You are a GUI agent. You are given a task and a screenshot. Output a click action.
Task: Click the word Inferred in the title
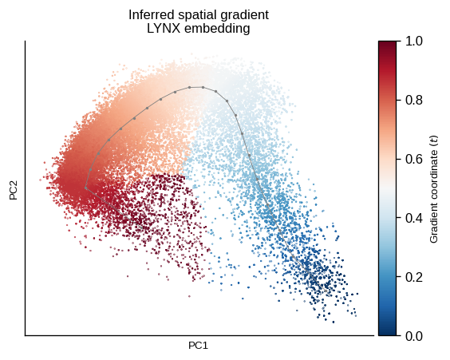[147, 15]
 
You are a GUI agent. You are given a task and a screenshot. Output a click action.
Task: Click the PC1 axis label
[198, 346]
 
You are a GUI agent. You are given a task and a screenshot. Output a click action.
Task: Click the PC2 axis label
[14, 190]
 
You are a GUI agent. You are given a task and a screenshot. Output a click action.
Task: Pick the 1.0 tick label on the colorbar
[414, 41]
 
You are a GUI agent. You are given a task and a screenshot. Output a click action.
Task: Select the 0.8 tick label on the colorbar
[414, 100]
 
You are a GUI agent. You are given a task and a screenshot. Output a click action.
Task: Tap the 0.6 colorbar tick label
[414, 159]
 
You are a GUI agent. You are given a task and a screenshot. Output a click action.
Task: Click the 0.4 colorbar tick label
[414, 218]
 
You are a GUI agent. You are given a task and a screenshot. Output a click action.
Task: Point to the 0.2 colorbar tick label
[414, 277]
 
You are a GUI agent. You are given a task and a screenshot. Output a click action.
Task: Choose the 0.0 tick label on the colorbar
[414, 336]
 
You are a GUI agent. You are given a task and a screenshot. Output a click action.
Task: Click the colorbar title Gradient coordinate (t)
[434, 189]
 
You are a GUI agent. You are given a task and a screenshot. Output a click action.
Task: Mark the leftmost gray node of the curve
[86, 188]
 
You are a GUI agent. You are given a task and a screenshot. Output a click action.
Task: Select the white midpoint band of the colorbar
[387, 188]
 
